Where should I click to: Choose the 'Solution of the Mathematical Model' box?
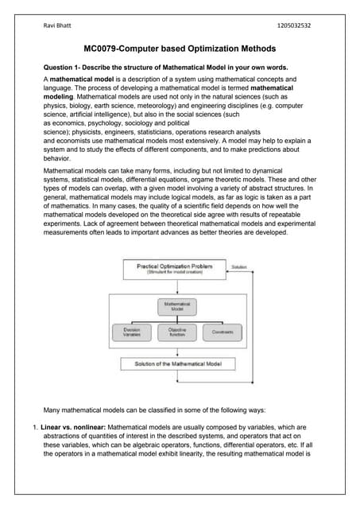(x=177, y=364)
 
